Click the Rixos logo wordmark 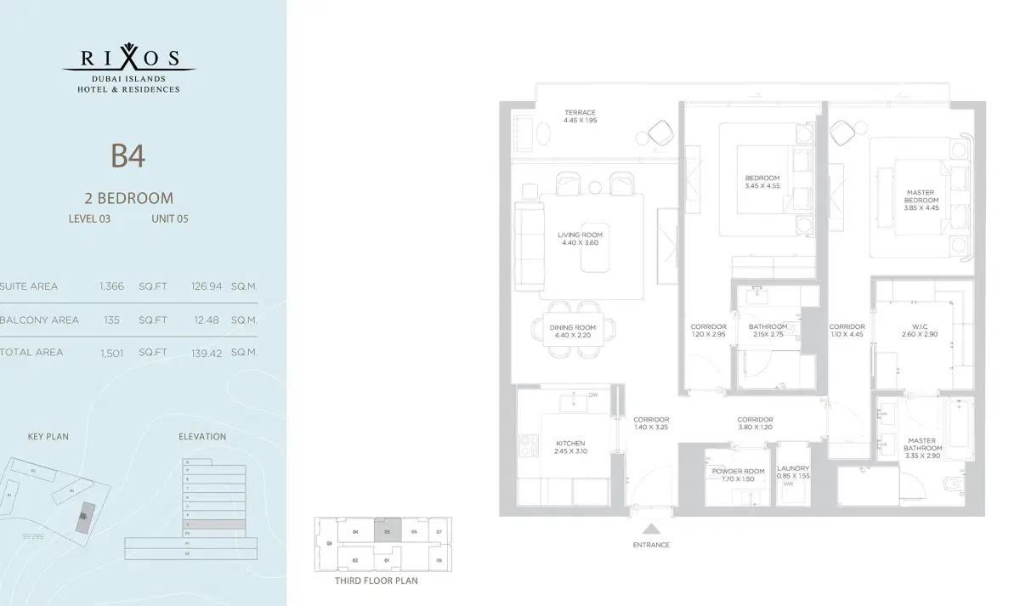[x=129, y=59]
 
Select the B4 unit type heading [x=128, y=156]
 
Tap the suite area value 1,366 [x=112, y=286]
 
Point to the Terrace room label [x=580, y=113]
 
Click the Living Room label [x=580, y=235]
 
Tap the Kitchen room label [x=570, y=444]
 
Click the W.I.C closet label [x=920, y=327]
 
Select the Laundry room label [x=793, y=468]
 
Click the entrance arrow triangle [x=651, y=528]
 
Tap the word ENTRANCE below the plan [x=651, y=545]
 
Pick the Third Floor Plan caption [x=377, y=581]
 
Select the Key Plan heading [x=48, y=437]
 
